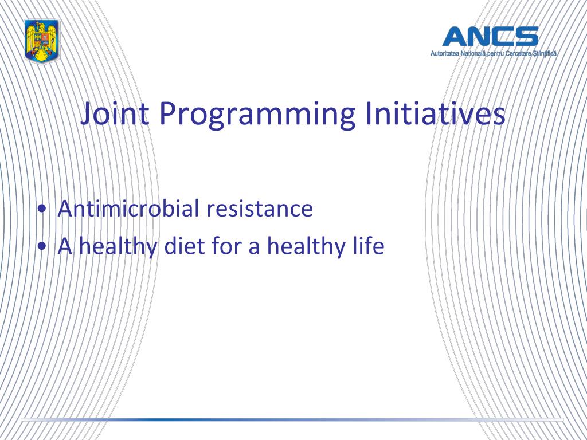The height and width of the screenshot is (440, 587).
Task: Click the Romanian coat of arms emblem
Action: tap(42, 41)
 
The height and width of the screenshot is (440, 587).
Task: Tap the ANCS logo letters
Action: tap(491, 36)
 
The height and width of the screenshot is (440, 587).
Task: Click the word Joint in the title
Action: tap(115, 114)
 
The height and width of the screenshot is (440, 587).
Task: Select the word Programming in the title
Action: tap(257, 115)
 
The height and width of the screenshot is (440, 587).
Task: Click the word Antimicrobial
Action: tap(128, 208)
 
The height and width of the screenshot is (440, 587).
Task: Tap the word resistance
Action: tap(260, 209)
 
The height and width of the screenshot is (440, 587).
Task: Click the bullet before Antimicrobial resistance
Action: tap(42, 208)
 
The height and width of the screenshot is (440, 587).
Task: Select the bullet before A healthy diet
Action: tap(42, 246)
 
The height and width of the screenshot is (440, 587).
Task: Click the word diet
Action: tap(184, 246)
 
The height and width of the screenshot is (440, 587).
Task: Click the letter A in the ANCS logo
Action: tap(455, 36)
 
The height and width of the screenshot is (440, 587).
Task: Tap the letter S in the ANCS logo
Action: tap(526, 36)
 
